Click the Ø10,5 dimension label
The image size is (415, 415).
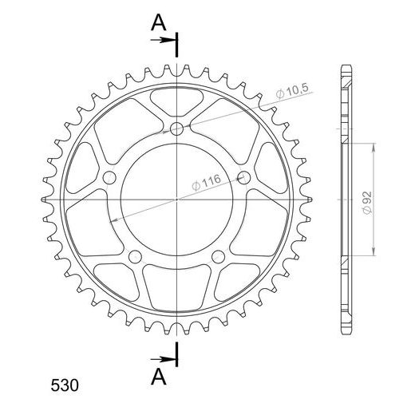292,91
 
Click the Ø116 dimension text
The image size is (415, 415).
206,183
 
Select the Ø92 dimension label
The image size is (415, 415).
367,203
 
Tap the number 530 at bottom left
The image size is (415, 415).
65,385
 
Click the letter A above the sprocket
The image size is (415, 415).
159,22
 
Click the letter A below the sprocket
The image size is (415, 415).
159,377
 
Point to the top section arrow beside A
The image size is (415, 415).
162,40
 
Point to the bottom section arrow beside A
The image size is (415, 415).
162,359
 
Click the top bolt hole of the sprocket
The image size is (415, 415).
176,129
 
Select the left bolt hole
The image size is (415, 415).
109,178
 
